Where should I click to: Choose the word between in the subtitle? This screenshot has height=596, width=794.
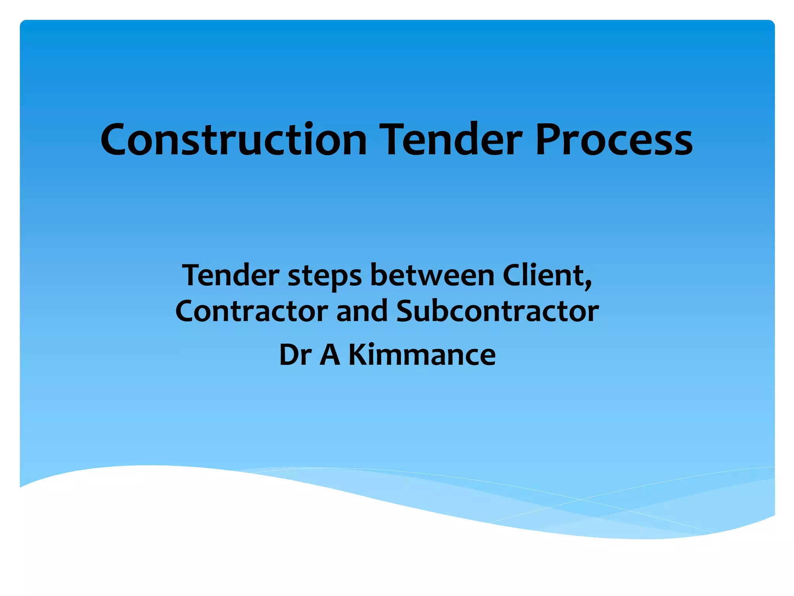432,275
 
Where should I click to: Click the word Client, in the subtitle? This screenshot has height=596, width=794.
547,275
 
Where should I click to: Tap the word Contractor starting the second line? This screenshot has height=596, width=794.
252,311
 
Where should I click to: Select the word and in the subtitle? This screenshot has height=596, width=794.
362,311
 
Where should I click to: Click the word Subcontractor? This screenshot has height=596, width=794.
497,311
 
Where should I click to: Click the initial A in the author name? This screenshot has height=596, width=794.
330,355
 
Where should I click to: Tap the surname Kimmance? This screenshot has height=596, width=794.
422,355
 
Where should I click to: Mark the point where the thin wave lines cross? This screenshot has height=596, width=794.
581,499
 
